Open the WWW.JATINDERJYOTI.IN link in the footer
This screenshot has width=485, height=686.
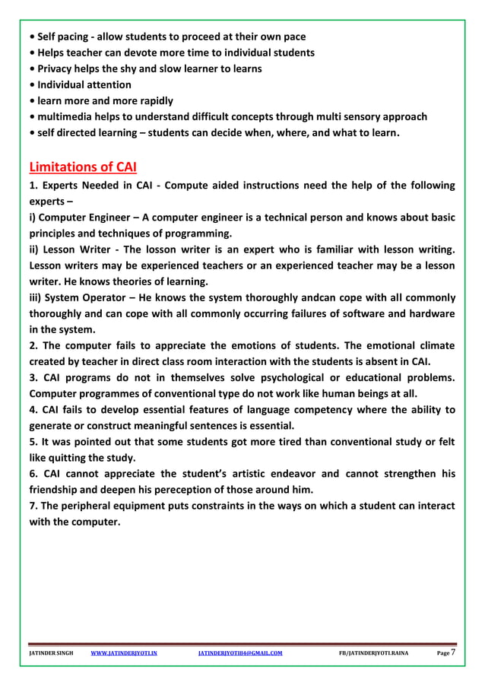click(x=124, y=653)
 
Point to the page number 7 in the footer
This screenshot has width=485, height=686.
click(x=453, y=652)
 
